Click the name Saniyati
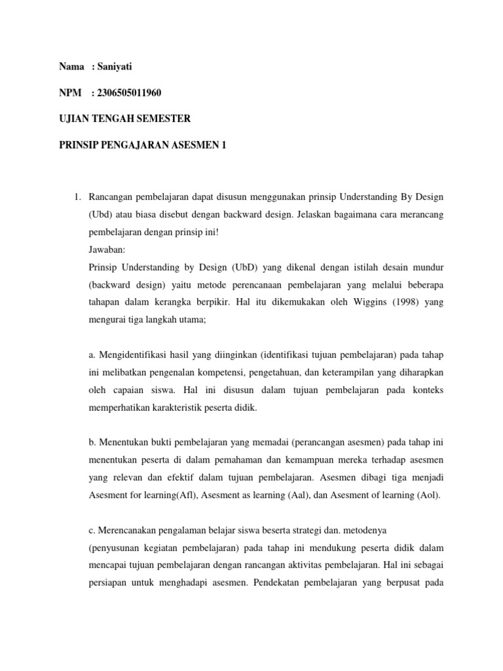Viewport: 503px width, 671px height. click(x=119, y=66)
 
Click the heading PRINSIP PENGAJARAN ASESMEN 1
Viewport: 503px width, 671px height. click(x=142, y=145)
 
